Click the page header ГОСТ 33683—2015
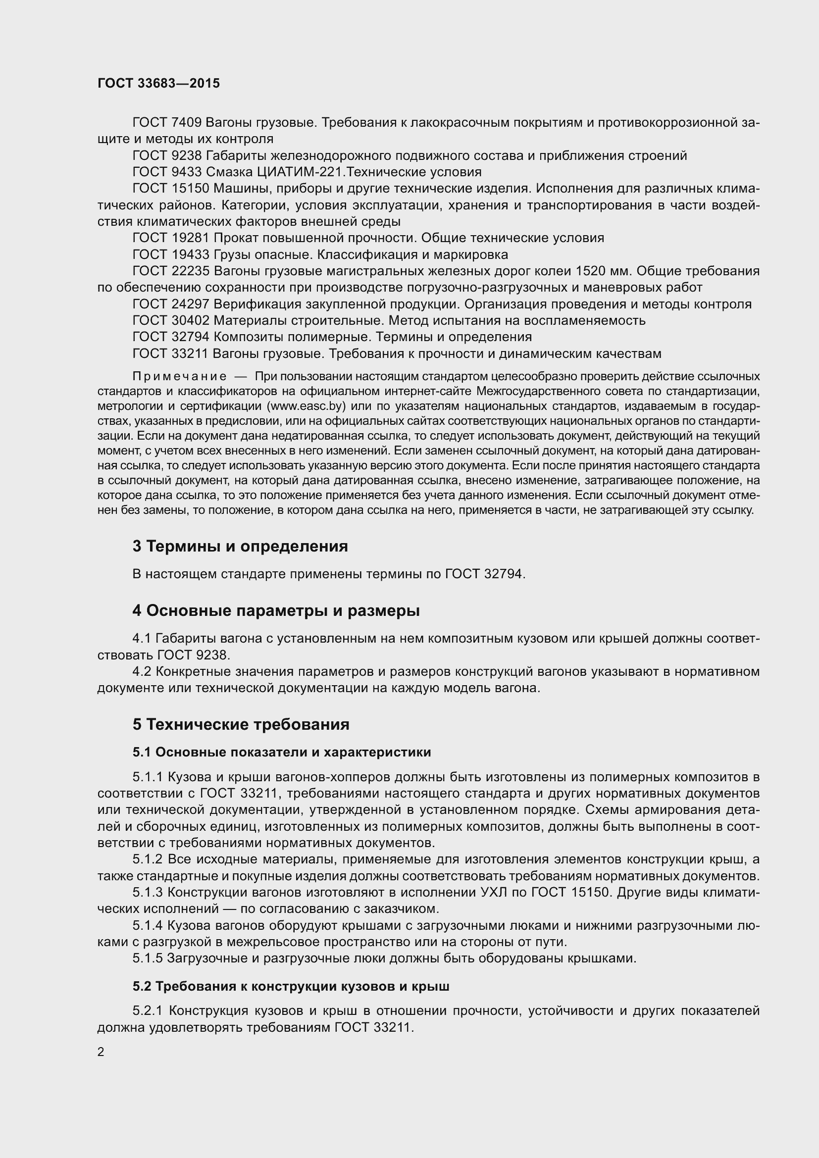click(158, 83)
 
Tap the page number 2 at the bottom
click(101, 1052)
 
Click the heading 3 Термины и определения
click(240, 546)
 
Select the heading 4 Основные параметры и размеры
click(276, 611)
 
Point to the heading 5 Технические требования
click(241, 724)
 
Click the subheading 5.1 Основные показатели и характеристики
click(281, 753)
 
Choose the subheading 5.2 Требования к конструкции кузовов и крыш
click(291, 987)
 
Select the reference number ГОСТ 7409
click(167, 122)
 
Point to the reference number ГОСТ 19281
click(171, 238)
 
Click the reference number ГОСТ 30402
click(171, 320)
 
